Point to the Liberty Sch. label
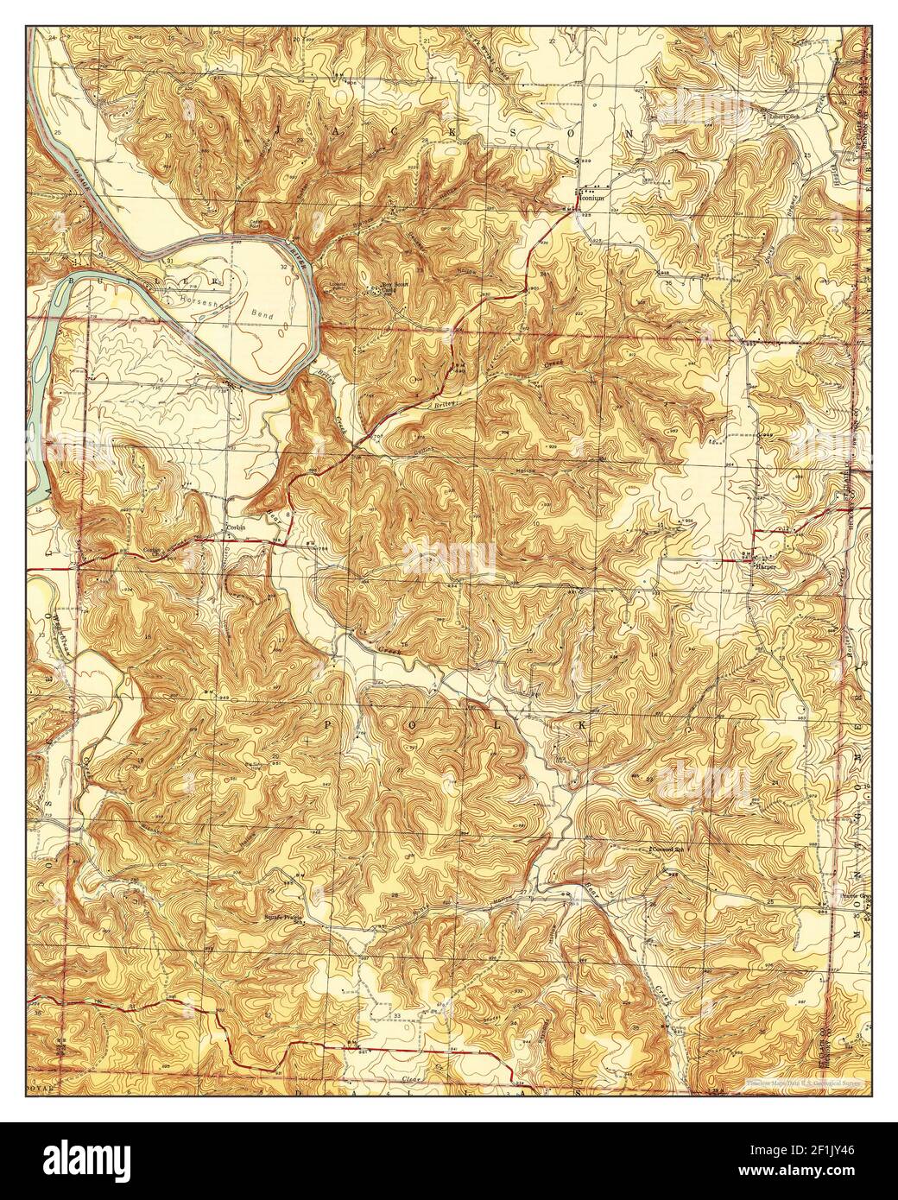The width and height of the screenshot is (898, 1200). tap(774, 115)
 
